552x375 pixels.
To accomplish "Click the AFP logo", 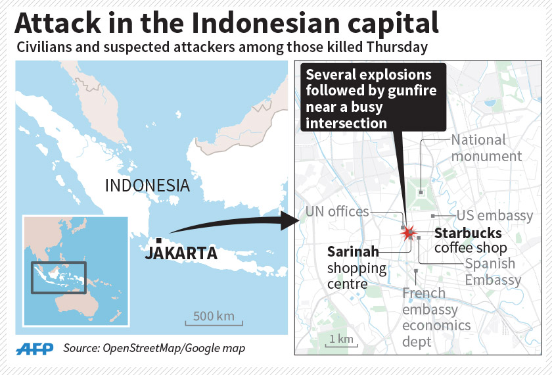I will (37, 348).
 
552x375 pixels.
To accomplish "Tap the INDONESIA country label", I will (147, 185).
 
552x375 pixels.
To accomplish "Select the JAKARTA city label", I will (181, 253).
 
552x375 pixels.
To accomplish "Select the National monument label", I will (486, 148).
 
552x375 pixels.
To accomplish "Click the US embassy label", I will (495, 216).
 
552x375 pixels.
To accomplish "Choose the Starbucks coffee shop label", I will (469, 240).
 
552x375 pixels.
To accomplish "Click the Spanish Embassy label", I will (493, 272).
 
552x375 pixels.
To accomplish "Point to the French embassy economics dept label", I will (436, 317).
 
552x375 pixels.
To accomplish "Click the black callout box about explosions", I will (373, 97).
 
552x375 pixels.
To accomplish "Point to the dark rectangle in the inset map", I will (58, 278).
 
